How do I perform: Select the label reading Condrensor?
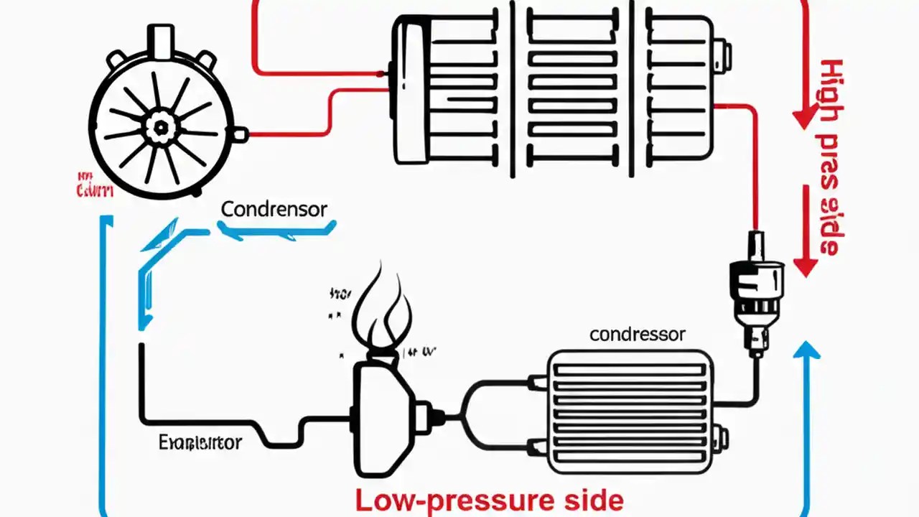click(x=274, y=210)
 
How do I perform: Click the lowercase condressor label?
click(x=637, y=335)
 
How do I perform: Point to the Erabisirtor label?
click(x=200, y=442)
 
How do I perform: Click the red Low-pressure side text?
click(x=490, y=500)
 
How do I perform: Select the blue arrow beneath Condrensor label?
click(x=276, y=230)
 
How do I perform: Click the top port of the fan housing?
click(x=160, y=39)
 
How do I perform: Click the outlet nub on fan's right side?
click(x=241, y=134)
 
